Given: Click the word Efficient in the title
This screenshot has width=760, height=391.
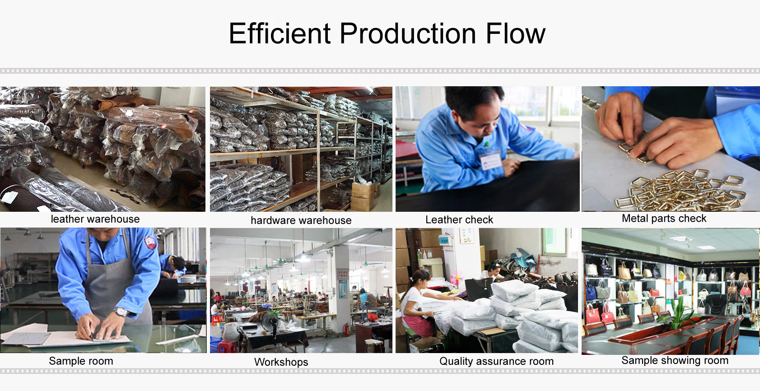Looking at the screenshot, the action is pyautogui.click(x=280, y=33).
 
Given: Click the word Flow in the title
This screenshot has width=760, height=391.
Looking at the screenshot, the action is pyautogui.click(x=515, y=33).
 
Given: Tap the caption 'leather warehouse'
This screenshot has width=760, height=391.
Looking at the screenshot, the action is pyautogui.click(x=95, y=219).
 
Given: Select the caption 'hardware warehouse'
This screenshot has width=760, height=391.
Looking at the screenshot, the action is pyautogui.click(x=301, y=220).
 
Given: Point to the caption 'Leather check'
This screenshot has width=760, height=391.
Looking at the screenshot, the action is pyautogui.click(x=459, y=220).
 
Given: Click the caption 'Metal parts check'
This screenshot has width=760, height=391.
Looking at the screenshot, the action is pyautogui.click(x=664, y=219).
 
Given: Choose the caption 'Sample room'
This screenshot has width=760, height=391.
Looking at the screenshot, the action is pyautogui.click(x=81, y=361).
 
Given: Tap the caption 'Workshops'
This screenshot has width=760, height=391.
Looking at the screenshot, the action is pyautogui.click(x=281, y=362).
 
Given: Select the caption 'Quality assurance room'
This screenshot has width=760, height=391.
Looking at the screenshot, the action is pyautogui.click(x=496, y=361).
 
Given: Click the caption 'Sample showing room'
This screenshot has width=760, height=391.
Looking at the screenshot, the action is pyautogui.click(x=675, y=360).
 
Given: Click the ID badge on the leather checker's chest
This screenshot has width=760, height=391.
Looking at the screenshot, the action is pyautogui.click(x=491, y=160).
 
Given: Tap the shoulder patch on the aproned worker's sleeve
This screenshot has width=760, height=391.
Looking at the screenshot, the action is pyautogui.click(x=150, y=242).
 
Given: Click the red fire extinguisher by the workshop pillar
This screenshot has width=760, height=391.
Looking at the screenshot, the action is pyautogui.click(x=346, y=330).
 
